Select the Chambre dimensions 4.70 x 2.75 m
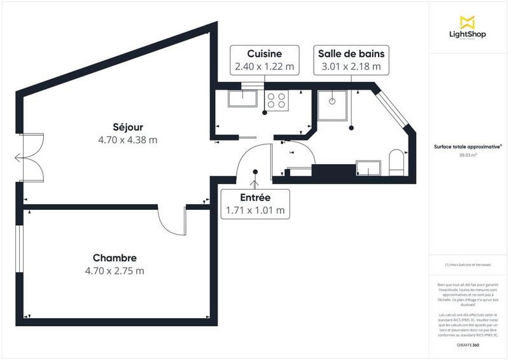[115, 270]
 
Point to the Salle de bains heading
[351, 53]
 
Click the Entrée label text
[255, 197]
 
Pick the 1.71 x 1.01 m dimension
[255, 210]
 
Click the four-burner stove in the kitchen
[277, 99]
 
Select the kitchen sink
[242, 99]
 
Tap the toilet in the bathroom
[395, 162]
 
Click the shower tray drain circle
[332, 100]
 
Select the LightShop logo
[468, 29]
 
